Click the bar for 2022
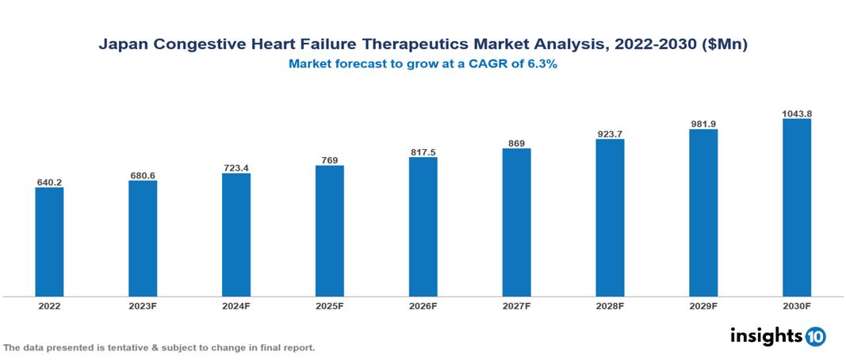point(49,242)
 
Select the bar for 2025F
point(329,231)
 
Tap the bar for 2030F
point(796,208)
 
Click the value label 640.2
point(49,182)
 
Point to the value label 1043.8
point(796,113)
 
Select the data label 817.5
point(423,151)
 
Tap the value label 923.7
point(610,134)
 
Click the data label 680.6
point(143,175)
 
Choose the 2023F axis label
point(143,305)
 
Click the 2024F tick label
point(236,305)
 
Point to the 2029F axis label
point(703,305)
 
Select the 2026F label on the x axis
point(423,305)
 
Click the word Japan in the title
point(121,45)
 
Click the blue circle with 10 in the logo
point(815,336)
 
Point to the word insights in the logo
point(766,335)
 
